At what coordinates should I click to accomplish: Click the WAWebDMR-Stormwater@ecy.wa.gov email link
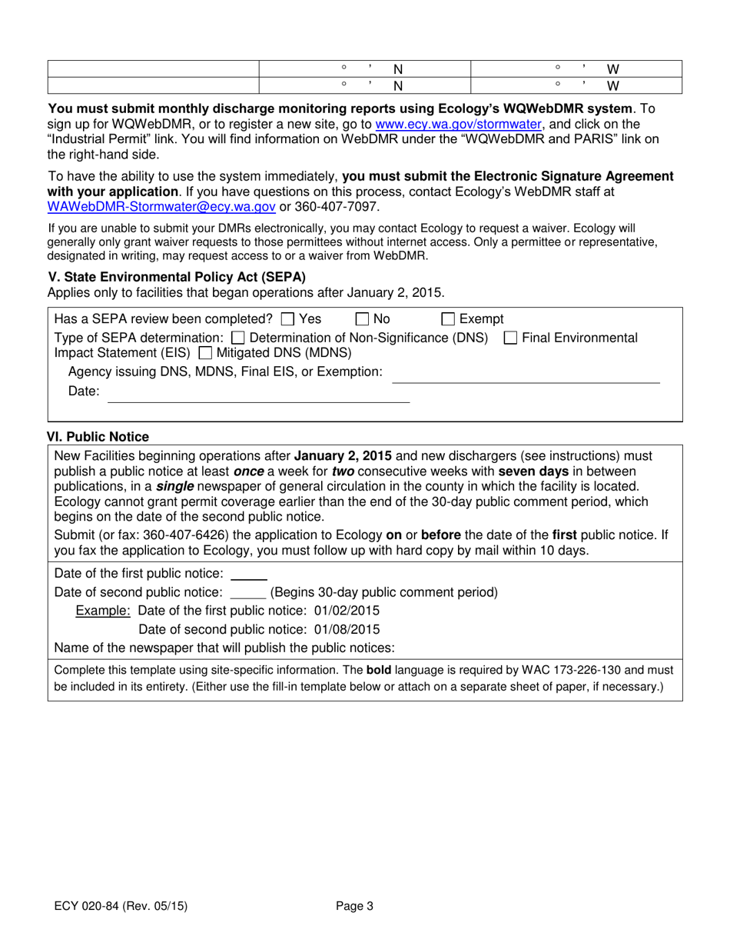click(x=161, y=206)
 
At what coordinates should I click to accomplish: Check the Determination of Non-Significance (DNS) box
click(x=238, y=338)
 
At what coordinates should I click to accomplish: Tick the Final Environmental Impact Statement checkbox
click(x=509, y=338)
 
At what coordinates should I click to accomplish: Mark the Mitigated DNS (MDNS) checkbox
click(x=204, y=354)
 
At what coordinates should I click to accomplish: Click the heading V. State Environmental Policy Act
click(x=177, y=277)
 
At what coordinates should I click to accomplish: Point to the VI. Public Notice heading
click(x=98, y=437)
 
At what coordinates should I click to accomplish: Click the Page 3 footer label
click(x=355, y=906)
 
